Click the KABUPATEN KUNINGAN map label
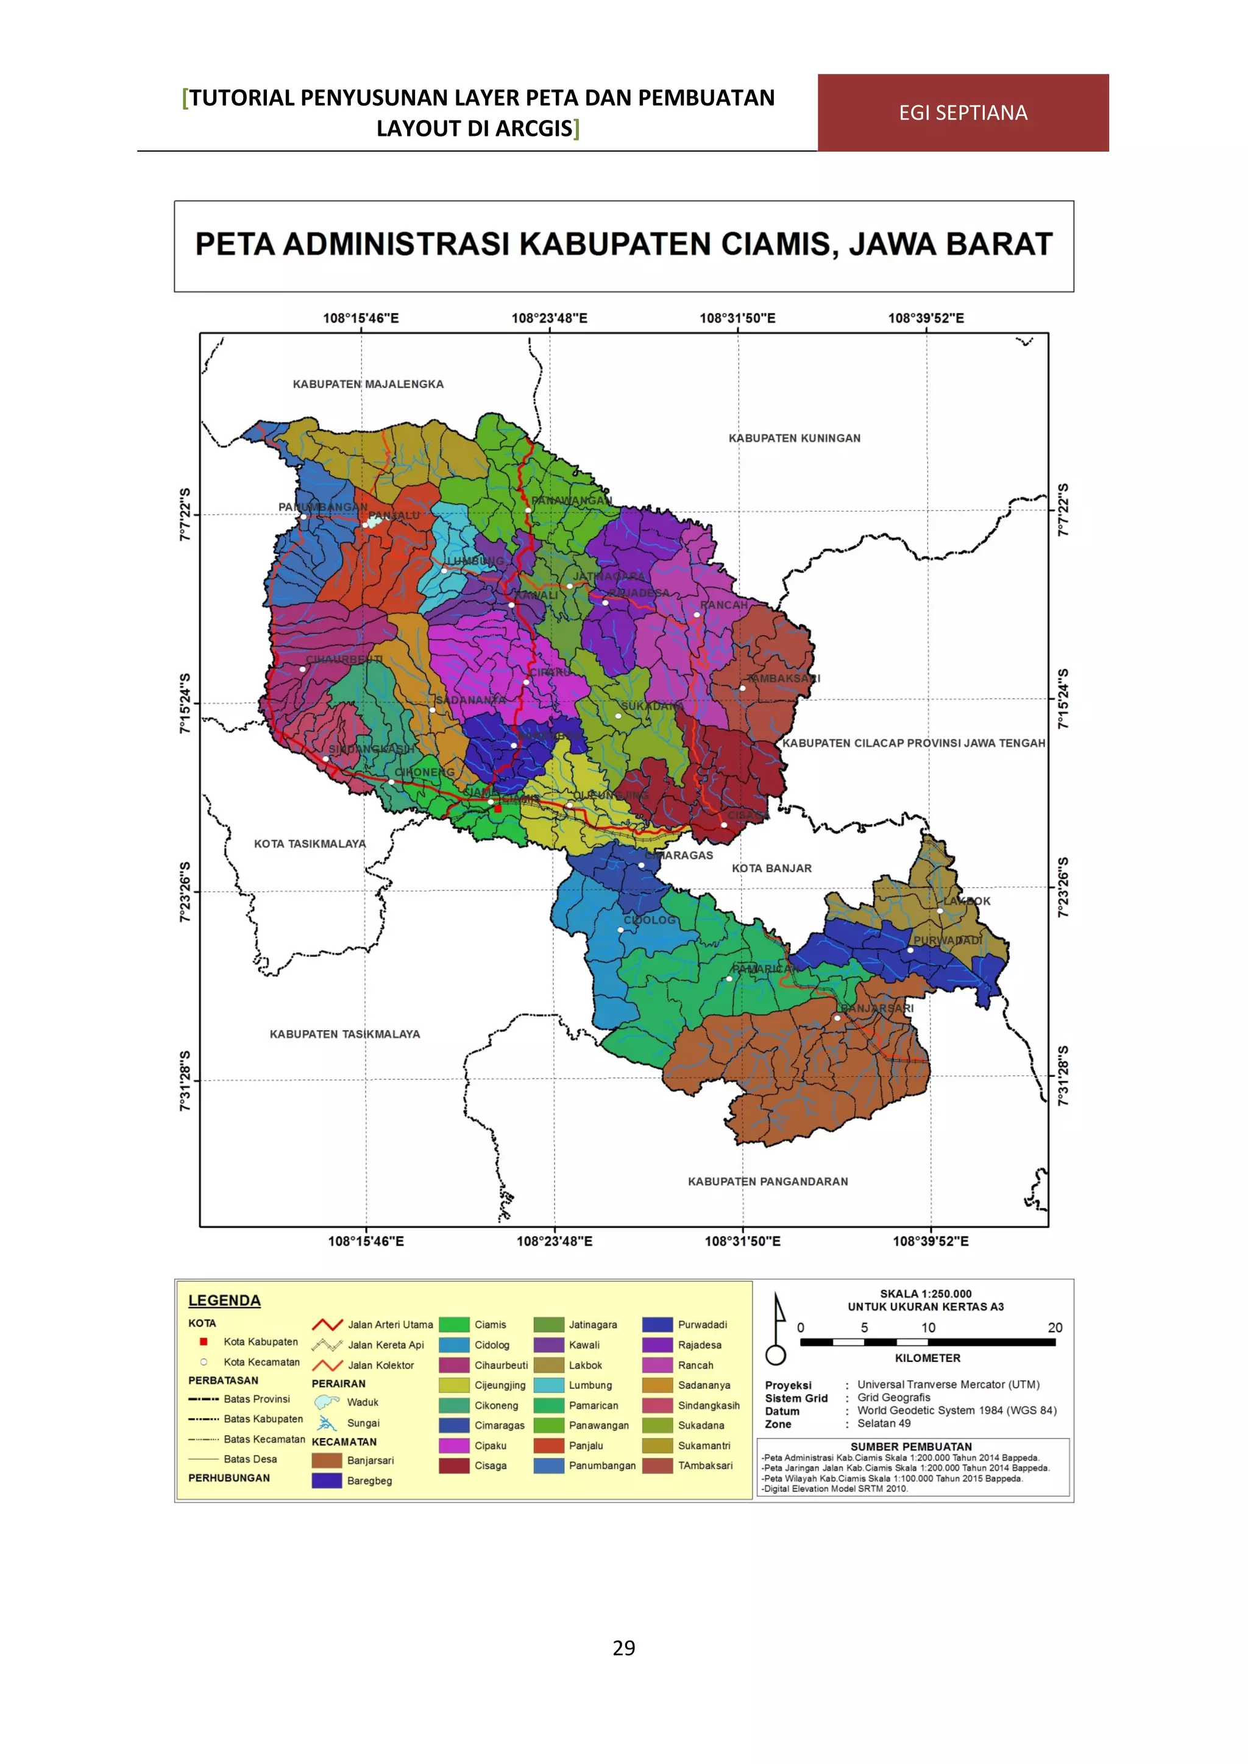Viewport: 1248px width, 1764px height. (x=794, y=438)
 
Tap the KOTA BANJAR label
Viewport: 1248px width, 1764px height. (x=771, y=868)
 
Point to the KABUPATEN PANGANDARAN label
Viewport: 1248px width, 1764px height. (x=768, y=1181)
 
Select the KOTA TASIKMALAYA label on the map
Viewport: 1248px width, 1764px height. (x=310, y=844)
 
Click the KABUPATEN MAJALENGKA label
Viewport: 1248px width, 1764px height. (x=368, y=384)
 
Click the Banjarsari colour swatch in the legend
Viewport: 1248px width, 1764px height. (x=327, y=1461)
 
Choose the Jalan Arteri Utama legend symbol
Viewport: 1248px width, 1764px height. (x=327, y=1325)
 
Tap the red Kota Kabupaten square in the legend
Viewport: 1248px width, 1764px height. (x=204, y=1341)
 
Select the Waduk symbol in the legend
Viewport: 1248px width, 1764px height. (x=327, y=1402)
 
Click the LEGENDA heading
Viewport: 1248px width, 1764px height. (x=224, y=1300)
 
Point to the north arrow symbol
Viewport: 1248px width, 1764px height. (x=777, y=1328)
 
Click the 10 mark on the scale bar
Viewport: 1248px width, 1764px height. (x=928, y=1328)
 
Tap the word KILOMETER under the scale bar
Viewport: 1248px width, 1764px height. (x=927, y=1358)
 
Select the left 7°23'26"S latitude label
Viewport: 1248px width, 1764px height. (x=185, y=891)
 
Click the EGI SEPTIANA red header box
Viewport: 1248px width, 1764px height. (x=963, y=113)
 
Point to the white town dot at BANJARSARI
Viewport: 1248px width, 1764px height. (x=837, y=1018)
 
